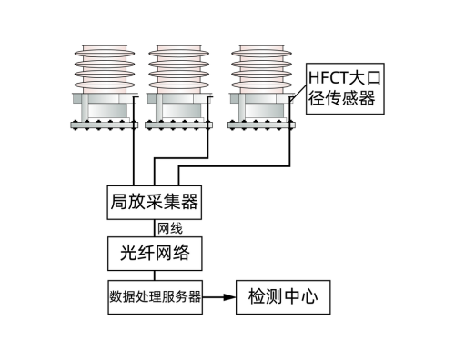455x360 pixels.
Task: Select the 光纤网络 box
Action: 154,252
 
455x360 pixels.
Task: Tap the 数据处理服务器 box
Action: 154,296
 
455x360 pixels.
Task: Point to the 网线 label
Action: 170,227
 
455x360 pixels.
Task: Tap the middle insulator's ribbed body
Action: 179,68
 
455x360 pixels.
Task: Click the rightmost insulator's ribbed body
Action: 264,68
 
